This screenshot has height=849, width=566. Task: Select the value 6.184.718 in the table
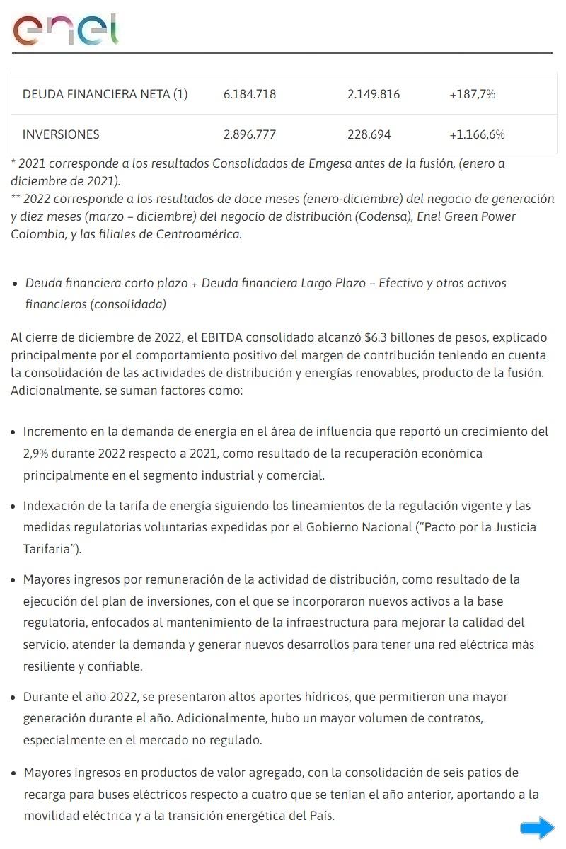click(x=249, y=94)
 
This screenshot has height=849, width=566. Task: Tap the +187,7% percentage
click(x=472, y=94)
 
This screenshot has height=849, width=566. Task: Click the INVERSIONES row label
click(x=61, y=134)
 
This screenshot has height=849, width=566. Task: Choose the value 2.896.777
click(x=249, y=134)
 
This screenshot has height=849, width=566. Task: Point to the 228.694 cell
click(x=369, y=134)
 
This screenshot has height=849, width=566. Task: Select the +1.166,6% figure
click(x=477, y=134)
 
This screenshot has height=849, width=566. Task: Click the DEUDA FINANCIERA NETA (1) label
click(x=105, y=94)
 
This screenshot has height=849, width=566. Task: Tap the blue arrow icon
click(x=538, y=828)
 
